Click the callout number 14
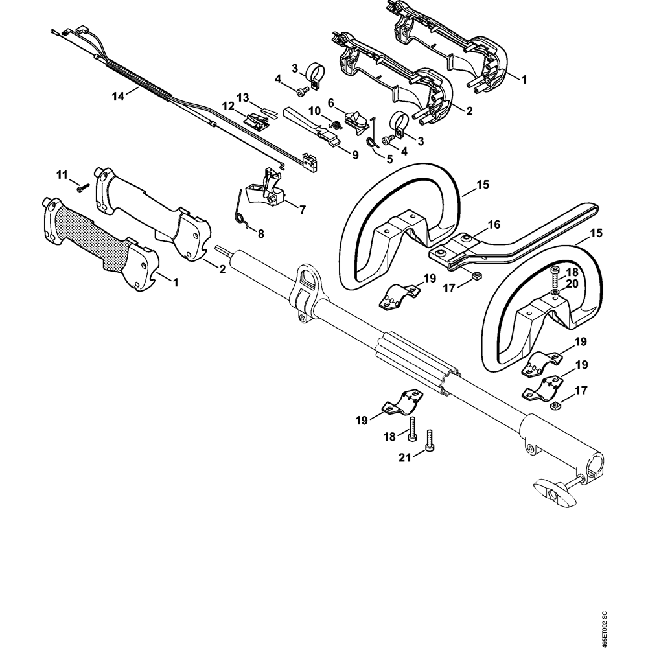click(x=117, y=96)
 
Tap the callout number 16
click(x=494, y=225)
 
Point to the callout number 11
click(x=62, y=175)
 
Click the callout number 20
click(x=572, y=283)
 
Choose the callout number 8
click(x=261, y=233)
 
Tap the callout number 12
click(x=228, y=106)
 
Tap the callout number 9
click(x=355, y=155)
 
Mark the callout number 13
click(x=242, y=97)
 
